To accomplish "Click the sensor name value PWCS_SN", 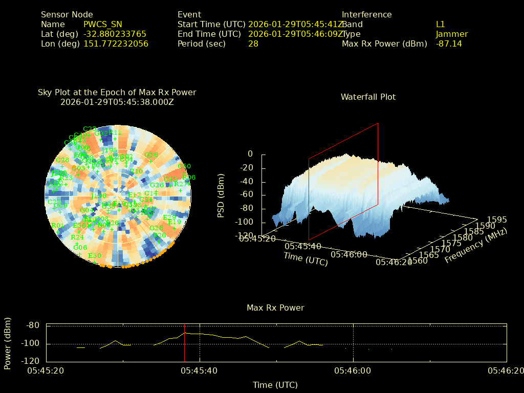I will [103, 24].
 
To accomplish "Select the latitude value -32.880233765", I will [115, 34].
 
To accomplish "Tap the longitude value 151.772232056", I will [116, 43].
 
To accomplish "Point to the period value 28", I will [253, 43].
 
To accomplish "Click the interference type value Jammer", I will [452, 34].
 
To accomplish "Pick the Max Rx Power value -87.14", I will [449, 43].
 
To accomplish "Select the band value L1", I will [441, 24].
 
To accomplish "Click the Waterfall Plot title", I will [368, 97].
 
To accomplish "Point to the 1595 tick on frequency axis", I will [496, 220].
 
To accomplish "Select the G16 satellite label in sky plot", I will [151, 155].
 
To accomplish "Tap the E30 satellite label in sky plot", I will [95, 256].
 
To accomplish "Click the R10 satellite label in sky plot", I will [136, 171].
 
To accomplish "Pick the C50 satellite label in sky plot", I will [184, 166].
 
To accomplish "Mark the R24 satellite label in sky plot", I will [77, 237].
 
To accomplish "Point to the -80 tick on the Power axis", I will [33, 325].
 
